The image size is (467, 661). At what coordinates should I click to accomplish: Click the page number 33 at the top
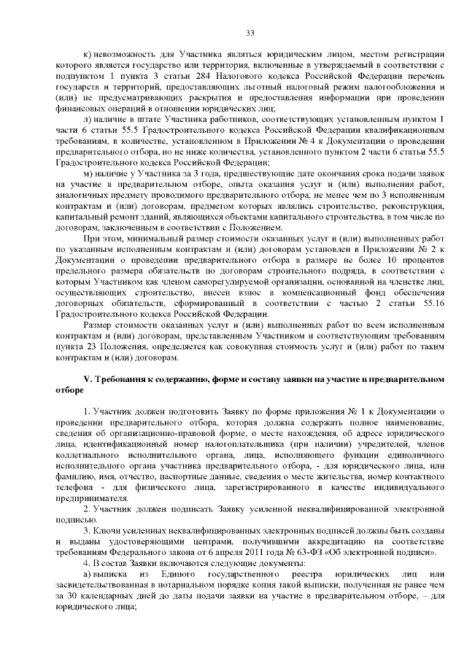(250, 33)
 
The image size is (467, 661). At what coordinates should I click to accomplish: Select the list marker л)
(88, 119)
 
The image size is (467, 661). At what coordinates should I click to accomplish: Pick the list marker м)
(88, 173)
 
